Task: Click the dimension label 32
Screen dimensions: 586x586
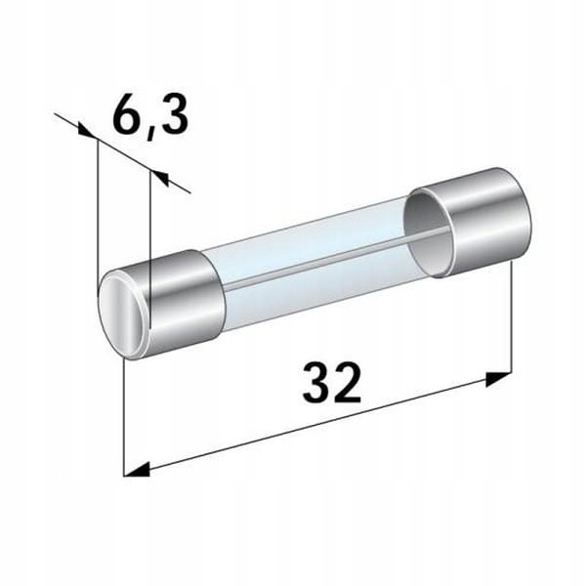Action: [x=332, y=385]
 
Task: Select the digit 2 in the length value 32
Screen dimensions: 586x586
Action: [x=349, y=385]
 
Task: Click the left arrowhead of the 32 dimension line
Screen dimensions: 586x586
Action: [x=137, y=471]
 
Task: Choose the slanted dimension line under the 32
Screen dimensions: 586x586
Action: [x=322, y=422]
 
